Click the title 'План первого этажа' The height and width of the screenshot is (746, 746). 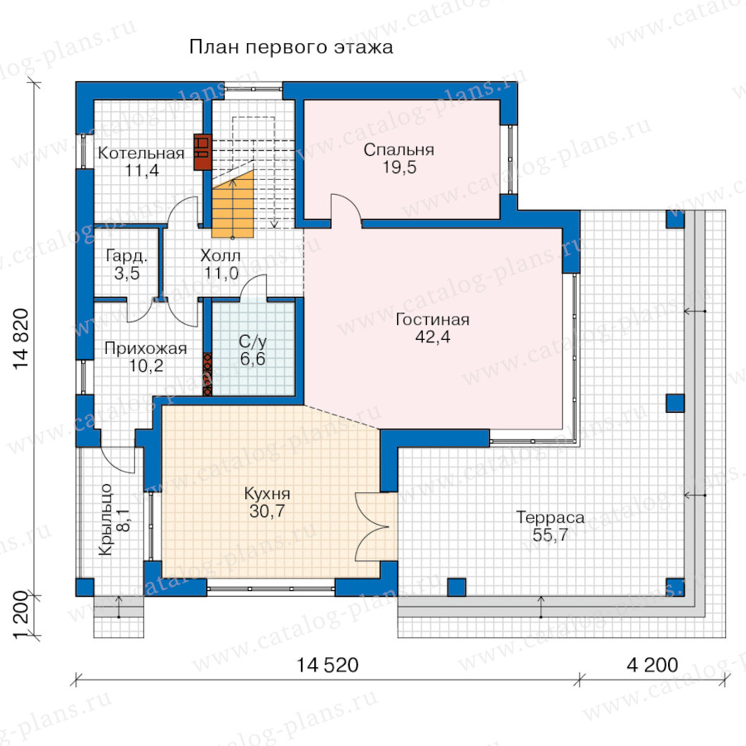(291, 47)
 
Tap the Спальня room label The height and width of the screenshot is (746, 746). (399, 150)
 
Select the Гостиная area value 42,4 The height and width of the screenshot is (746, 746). (433, 337)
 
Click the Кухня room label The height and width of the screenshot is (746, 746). (267, 493)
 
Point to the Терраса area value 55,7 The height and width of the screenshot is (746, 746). (550, 535)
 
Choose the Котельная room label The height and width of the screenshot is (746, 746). (141, 153)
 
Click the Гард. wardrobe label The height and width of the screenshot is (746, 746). (127, 256)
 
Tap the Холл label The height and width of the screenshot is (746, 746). (220, 255)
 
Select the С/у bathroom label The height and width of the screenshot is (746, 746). (253, 342)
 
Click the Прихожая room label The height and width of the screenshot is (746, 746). (146, 348)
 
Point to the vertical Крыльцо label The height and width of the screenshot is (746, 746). (105, 520)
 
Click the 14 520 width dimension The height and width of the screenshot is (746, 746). (327, 665)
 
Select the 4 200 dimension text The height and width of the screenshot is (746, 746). (652, 665)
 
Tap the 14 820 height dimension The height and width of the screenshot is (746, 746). (22, 339)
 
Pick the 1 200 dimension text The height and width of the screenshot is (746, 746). (22, 616)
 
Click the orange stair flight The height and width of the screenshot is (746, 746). (232, 204)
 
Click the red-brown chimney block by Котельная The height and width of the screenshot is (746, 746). (202, 153)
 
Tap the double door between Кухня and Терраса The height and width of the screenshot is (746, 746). (372, 526)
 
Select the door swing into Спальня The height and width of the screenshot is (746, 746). (346, 207)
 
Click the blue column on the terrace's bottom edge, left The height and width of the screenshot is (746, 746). (456, 587)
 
